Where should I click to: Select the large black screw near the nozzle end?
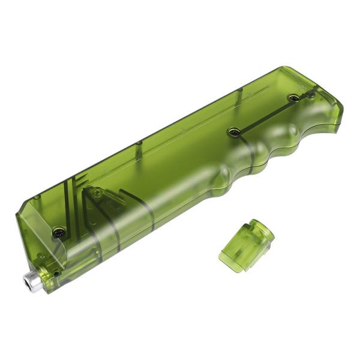click(x=59, y=230)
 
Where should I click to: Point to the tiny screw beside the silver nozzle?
click(x=56, y=273)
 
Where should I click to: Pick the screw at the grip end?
click(x=293, y=97)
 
